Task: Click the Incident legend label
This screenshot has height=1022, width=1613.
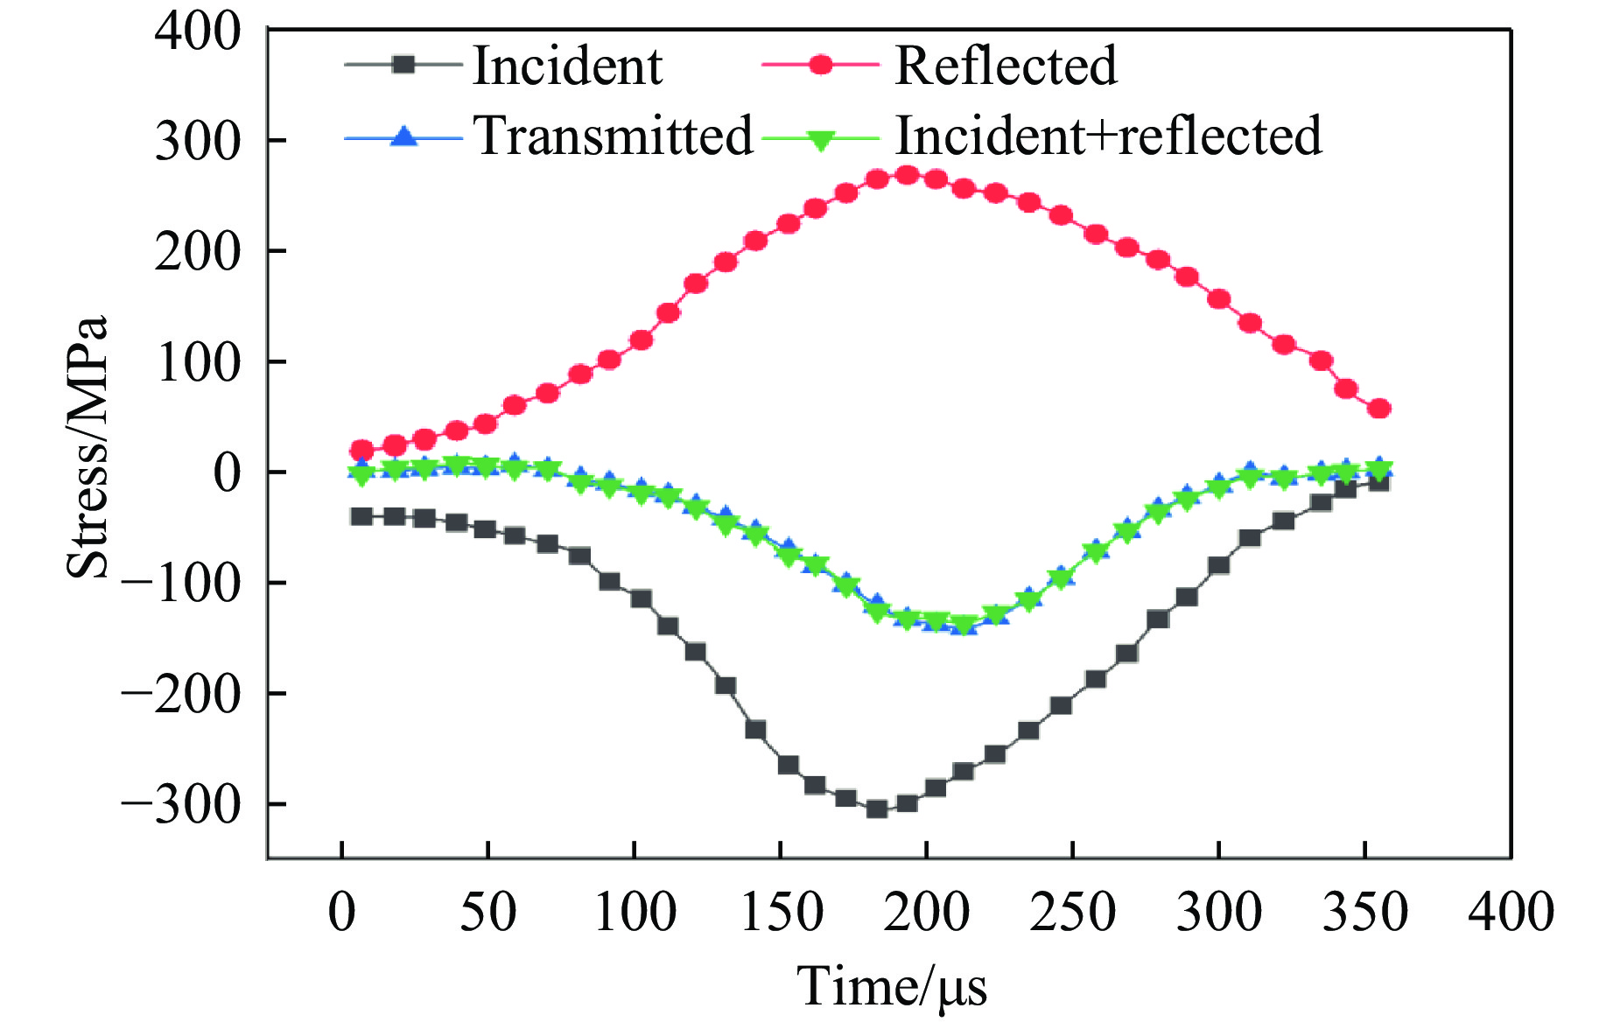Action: pyautogui.click(x=567, y=66)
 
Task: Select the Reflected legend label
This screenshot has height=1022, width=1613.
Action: pyautogui.click(x=1006, y=66)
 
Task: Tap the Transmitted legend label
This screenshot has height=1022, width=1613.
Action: pyautogui.click(x=613, y=136)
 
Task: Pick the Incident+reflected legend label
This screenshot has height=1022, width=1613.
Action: pyautogui.click(x=1108, y=136)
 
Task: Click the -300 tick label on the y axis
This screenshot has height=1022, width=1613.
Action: pyautogui.click(x=180, y=804)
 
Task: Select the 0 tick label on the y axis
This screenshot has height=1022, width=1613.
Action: pyautogui.click(x=227, y=472)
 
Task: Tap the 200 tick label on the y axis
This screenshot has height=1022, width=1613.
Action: pyautogui.click(x=198, y=252)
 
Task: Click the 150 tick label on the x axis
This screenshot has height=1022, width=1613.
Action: pyautogui.click(x=781, y=912)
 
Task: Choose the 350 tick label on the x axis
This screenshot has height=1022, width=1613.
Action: pyautogui.click(x=1365, y=912)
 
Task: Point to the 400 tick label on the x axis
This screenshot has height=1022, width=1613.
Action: pyautogui.click(x=1511, y=912)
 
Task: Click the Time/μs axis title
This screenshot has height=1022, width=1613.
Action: pyautogui.click(x=892, y=987)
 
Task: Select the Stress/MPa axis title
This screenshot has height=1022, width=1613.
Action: pyautogui.click(x=88, y=446)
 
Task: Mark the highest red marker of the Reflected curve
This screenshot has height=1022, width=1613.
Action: pyautogui.click(x=908, y=175)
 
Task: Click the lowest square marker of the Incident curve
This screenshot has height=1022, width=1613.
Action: pyautogui.click(x=876, y=809)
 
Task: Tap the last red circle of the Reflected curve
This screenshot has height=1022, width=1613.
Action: pyautogui.click(x=1379, y=409)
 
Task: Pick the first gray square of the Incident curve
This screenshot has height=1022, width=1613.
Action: pyautogui.click(x=361, y=516)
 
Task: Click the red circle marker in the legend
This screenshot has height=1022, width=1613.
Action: pyautogui.click(x=821, y=65)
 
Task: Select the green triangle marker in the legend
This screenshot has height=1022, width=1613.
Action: pyautogui.click(x=821, y=140)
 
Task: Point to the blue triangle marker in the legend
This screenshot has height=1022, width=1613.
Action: pyautogui.click(x=403, y=136)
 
